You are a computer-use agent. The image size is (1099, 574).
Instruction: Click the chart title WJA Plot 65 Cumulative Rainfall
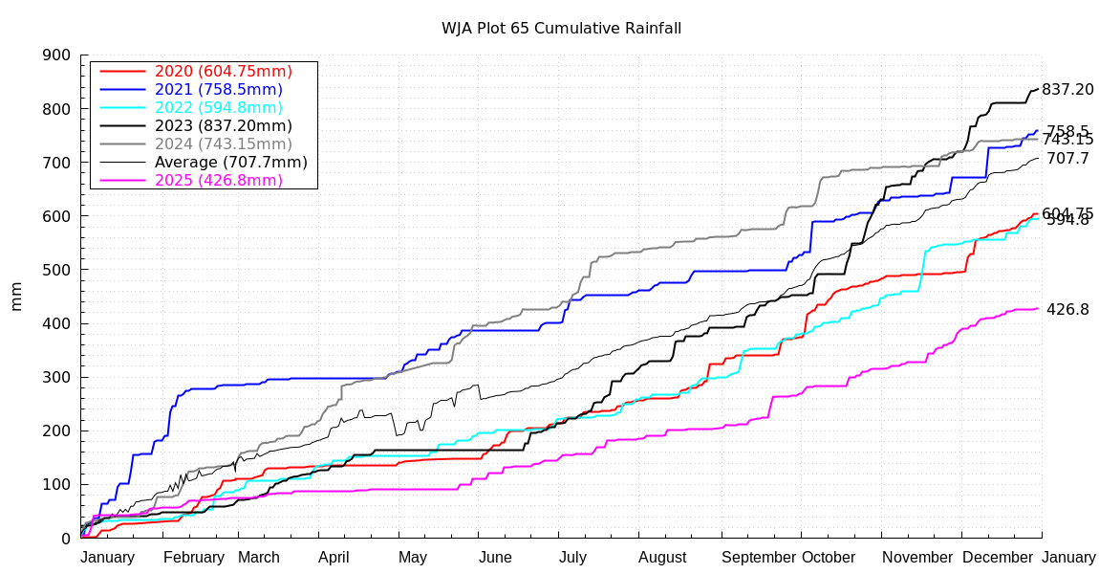click(x=561, y=28)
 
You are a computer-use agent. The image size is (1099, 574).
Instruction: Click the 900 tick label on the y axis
click(x=57, y=55)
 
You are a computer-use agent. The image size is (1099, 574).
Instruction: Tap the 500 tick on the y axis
click(x=57, y=270)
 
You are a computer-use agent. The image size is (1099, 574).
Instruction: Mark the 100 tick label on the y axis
click(x=57, y=484)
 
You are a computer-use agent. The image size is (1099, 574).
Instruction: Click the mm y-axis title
click(x=16, y=297)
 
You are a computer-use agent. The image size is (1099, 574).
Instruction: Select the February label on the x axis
click(x=194, y=558)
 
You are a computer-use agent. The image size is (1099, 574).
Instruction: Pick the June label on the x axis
click(x=495, y=558)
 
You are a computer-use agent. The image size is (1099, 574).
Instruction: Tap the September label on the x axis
click(x=760, y=558)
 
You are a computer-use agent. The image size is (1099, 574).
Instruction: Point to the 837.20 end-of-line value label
click(x=1067, y=90)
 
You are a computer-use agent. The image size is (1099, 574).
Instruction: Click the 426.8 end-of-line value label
click(x=1067, y=310)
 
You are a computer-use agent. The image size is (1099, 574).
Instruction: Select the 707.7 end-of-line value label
click(x=1067, y=159)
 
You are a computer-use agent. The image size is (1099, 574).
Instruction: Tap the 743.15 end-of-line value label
click(x=1067, y=141)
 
